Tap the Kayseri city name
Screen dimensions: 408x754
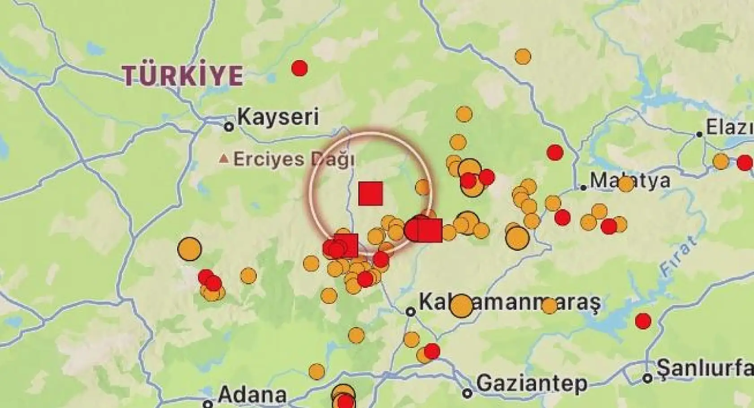[x=278, y=117]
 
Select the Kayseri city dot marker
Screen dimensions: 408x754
[x=229, y=127]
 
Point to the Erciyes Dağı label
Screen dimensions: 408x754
[x=294, y=159]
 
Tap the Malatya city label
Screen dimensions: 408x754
[x=630, y=180]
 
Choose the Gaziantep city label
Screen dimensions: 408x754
[x=532, y=384]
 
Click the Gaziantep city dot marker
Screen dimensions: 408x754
[x=467, y=394]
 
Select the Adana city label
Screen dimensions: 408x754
[x=252, y=395]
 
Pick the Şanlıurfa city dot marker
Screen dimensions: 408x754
[x=647, y=378]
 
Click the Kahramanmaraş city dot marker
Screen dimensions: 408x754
[x=410, y=311]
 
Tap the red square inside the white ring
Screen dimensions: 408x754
[x=371, y=193]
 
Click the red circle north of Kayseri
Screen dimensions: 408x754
[x=299, y=68]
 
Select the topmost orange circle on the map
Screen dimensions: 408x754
[x=523, y=57]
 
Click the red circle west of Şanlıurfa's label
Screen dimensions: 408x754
[x=643, y=321]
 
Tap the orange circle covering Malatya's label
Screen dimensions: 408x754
[x=625, y=184]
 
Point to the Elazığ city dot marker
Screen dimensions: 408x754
[x=699, y=134]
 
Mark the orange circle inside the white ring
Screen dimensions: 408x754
[x=422, y=187]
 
